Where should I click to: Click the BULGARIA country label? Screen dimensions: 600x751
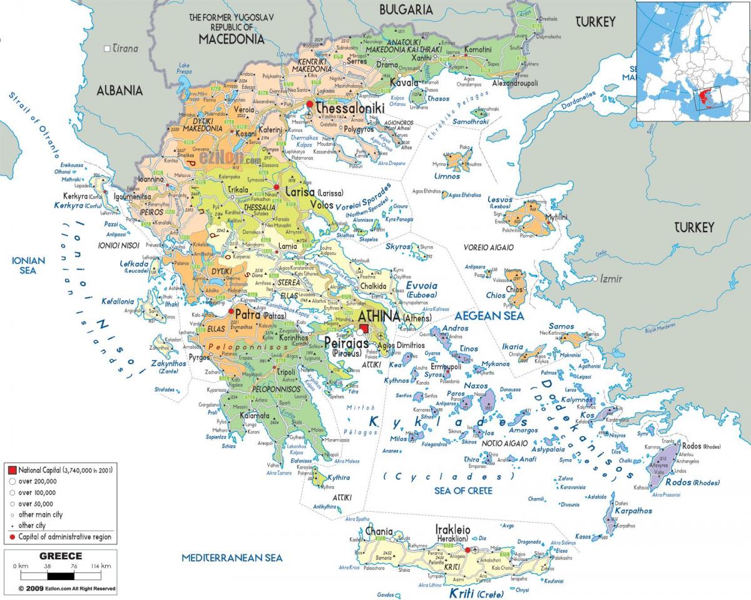pos(406,9)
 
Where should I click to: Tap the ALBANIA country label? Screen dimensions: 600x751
pos(120,90)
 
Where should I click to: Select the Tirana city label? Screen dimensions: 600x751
pos(125,49)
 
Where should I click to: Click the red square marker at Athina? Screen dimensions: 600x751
pos(364,328)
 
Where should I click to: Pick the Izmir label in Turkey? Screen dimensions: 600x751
pos(611,278)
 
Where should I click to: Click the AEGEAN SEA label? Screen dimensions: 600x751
pos(489,316)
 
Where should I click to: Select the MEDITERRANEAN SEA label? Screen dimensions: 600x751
pos(232,557)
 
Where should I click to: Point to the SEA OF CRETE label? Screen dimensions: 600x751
pos(463,491)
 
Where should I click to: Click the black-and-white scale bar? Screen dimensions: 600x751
pos(61,575)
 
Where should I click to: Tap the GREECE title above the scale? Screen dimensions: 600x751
pos(61,556)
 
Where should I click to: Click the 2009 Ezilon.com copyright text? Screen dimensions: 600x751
pos(66,589)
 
